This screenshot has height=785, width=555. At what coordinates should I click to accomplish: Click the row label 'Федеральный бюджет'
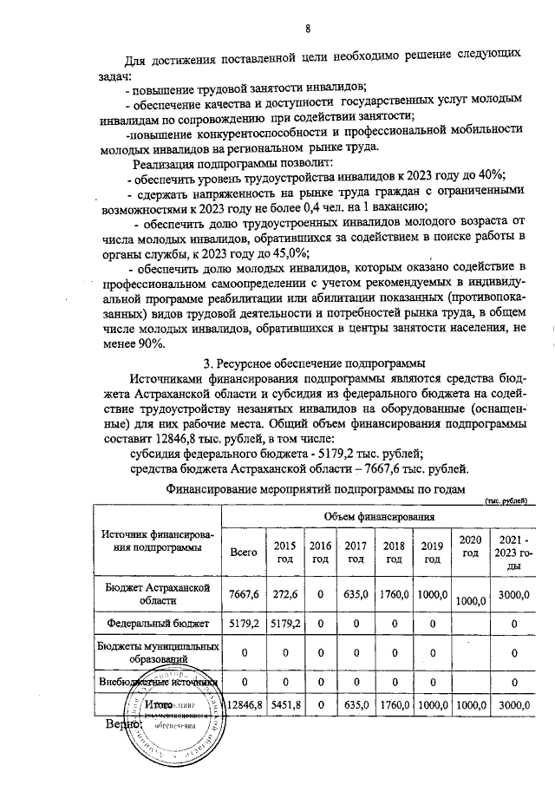click(158, 622)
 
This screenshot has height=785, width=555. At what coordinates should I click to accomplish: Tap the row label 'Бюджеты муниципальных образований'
click(158, 651)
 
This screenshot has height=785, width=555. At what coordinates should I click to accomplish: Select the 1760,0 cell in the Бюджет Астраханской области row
click(394, 593)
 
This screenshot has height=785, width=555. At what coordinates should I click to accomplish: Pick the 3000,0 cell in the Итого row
click(513, 706)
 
